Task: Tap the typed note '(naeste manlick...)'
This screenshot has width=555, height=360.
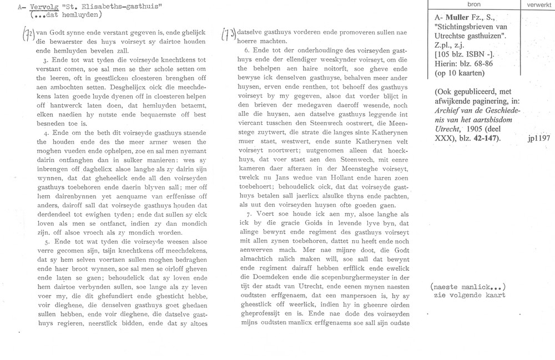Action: click(x=468, y=287)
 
